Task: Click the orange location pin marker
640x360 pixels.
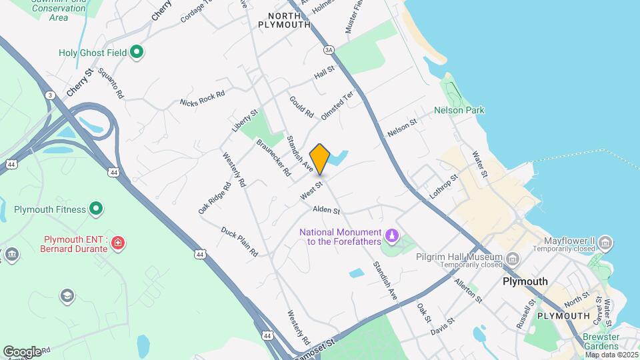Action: point(320,159)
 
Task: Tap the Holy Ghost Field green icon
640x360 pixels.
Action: point(137,51)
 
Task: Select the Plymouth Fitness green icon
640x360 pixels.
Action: point(97,209)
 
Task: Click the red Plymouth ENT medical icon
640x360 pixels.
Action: point(118,243)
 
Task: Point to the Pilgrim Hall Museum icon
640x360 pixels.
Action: point(512,257)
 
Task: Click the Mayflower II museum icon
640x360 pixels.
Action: point(605,241)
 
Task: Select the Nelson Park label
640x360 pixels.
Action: point(459,110)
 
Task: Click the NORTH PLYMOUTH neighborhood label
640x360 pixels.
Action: point(289,19)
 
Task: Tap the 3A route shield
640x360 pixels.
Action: point(329,50)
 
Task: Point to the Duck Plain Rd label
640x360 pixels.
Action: point(239,241)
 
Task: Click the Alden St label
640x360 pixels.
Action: point(327,210)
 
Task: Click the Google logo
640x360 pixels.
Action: point(22,351)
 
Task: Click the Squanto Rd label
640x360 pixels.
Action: point(111,84)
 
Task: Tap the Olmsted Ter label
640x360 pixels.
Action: point(336,106)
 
